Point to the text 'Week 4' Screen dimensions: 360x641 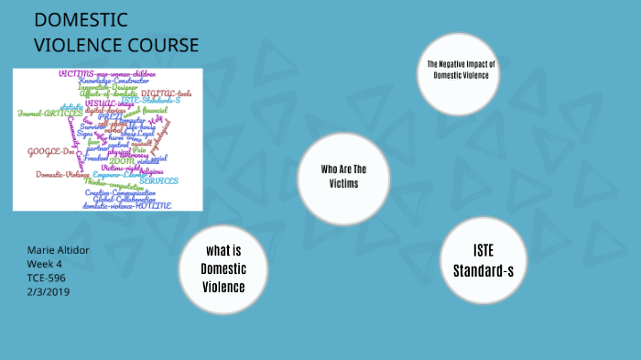tap(45, 264)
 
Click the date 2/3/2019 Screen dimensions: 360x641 tap(49, 291)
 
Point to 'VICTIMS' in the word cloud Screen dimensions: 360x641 tap(77, 72)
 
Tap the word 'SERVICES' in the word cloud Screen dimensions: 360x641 tap(158, 180)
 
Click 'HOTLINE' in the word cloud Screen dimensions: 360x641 tap(153, 205)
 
